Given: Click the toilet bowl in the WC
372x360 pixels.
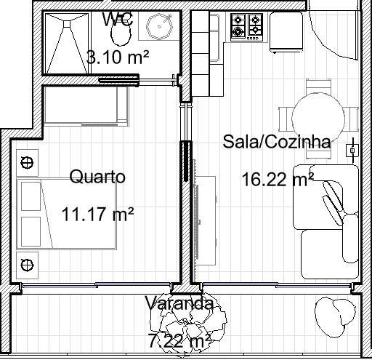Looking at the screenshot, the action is (121, 34).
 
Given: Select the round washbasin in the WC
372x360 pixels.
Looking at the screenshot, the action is (159, 26).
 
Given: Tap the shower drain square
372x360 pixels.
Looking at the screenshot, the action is (67, 24).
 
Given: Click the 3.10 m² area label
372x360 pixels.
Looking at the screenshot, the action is (118, 57).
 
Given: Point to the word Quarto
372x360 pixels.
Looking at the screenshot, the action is (97, 177).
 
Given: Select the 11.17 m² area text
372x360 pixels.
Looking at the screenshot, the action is (97, 214).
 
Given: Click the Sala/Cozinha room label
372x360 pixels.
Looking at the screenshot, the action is (277, 142).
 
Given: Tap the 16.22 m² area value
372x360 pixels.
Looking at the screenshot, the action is (278, 180).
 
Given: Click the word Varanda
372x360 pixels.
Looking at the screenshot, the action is (179, 303).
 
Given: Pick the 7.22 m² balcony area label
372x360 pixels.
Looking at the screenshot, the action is (179, 340).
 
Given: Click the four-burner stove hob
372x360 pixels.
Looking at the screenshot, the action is (247, 27).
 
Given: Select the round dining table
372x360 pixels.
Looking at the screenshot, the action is (318, 118).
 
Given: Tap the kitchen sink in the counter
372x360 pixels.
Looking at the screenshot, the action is (214, 38).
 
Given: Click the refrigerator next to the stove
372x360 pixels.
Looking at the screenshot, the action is (286, 32).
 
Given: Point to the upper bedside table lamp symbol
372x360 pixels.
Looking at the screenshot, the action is (27, 162).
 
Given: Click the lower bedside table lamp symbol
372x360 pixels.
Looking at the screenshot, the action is (27, 265).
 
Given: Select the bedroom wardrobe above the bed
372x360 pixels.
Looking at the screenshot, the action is (86, 106).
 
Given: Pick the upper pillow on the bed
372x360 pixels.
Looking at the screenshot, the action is (31, 196).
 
